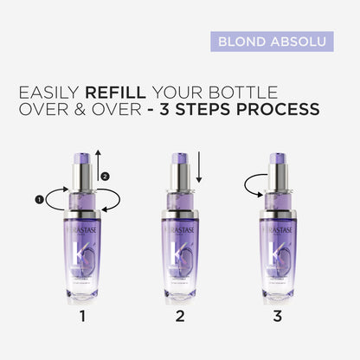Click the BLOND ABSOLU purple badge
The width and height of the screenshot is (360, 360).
272,41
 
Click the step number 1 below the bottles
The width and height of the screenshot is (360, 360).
82,317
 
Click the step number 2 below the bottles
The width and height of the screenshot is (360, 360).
180,317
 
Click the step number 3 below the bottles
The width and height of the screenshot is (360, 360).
278,317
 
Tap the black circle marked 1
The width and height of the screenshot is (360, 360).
40,200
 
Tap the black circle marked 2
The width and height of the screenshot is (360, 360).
106,177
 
